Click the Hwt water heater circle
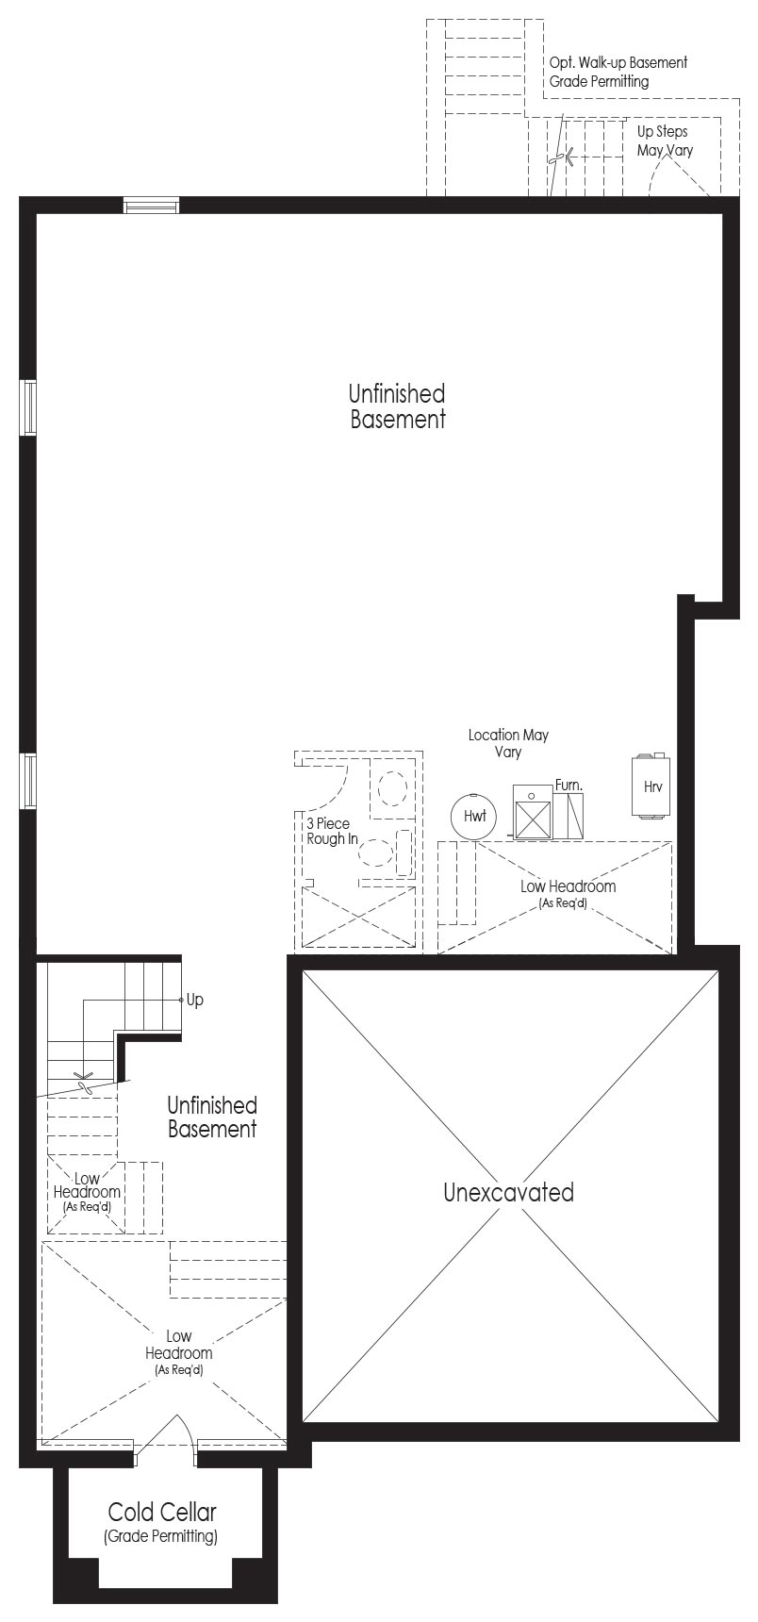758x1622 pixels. pos(474,816)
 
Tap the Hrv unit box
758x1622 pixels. pos(651,786)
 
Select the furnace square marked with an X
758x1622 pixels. pos(532,816)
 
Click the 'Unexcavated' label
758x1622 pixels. pos(508,1192)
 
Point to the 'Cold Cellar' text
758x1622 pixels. pos(162,1512)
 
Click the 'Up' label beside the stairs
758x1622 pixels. pos(194,1000)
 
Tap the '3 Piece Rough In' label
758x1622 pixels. pos(330,831)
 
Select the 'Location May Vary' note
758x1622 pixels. pos(508,743)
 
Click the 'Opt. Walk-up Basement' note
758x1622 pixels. pos(618,62)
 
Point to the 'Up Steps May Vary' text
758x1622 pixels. pos(664,141)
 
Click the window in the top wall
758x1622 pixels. pos(152,205)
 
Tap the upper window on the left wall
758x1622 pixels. pos(28,407)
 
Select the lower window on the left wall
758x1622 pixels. pos(28,781)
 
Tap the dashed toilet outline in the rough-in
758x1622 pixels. pos(377,852)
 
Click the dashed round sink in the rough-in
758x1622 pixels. pos(391,786)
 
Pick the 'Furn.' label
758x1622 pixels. pos(568,785)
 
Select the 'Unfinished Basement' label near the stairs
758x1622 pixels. pos(212,1117)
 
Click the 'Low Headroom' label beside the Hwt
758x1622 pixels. pos(568,886)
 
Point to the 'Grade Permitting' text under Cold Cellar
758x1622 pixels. pos(161,1536)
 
